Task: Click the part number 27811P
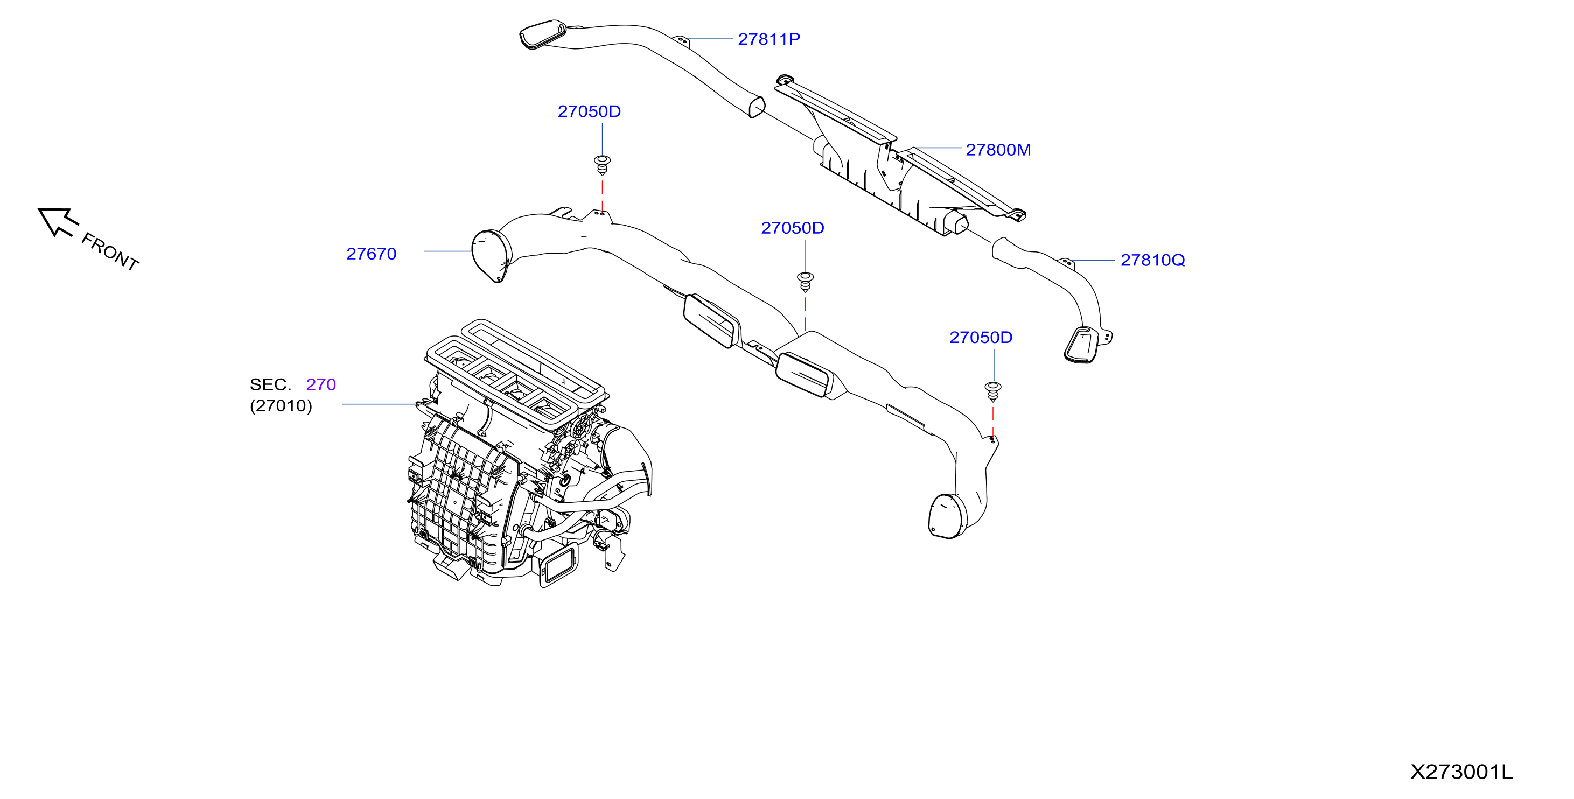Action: tap(768, 39)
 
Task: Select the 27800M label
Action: tap(998, 150)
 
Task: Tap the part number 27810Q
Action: tap(1152, 260)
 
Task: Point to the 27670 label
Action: tap(372, 254)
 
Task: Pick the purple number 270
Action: tap(321, 384)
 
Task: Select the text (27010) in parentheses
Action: tap(281, 405)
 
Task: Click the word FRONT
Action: tap(110, 251)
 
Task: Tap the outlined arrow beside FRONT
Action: tap(58, 221)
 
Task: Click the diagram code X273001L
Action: tap(1461, 772)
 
